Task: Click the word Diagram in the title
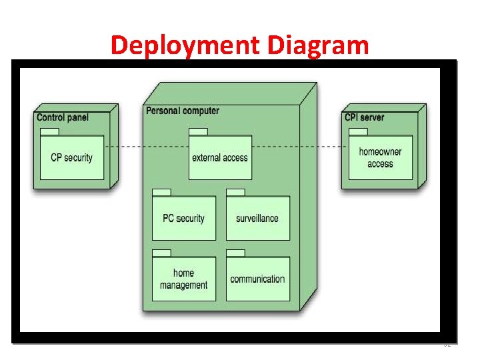click(x=318, y=45)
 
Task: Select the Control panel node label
click(x=63, y=117)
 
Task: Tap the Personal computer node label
click(x=182, y=111)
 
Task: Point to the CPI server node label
click(x=364, y=117)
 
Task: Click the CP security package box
click(x=72, y=158)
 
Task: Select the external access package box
click(x=220, y=158)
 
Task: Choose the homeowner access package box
click(x=380, y=158)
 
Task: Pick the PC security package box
click(x=184, y=219)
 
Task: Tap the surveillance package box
click(x=257, y=219)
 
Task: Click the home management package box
click(x=184, y=279)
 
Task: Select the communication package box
click(x=257, y=279)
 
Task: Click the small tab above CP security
click(x=50, y=132)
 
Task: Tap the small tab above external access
click(x=198, y=132)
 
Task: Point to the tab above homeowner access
click(x=358, y=132)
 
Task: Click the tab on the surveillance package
click(x=235, y=193)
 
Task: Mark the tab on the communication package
click(x=235, y=253)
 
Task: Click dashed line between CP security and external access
click(x=147, y=147)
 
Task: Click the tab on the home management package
click(x=162, y=253)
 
